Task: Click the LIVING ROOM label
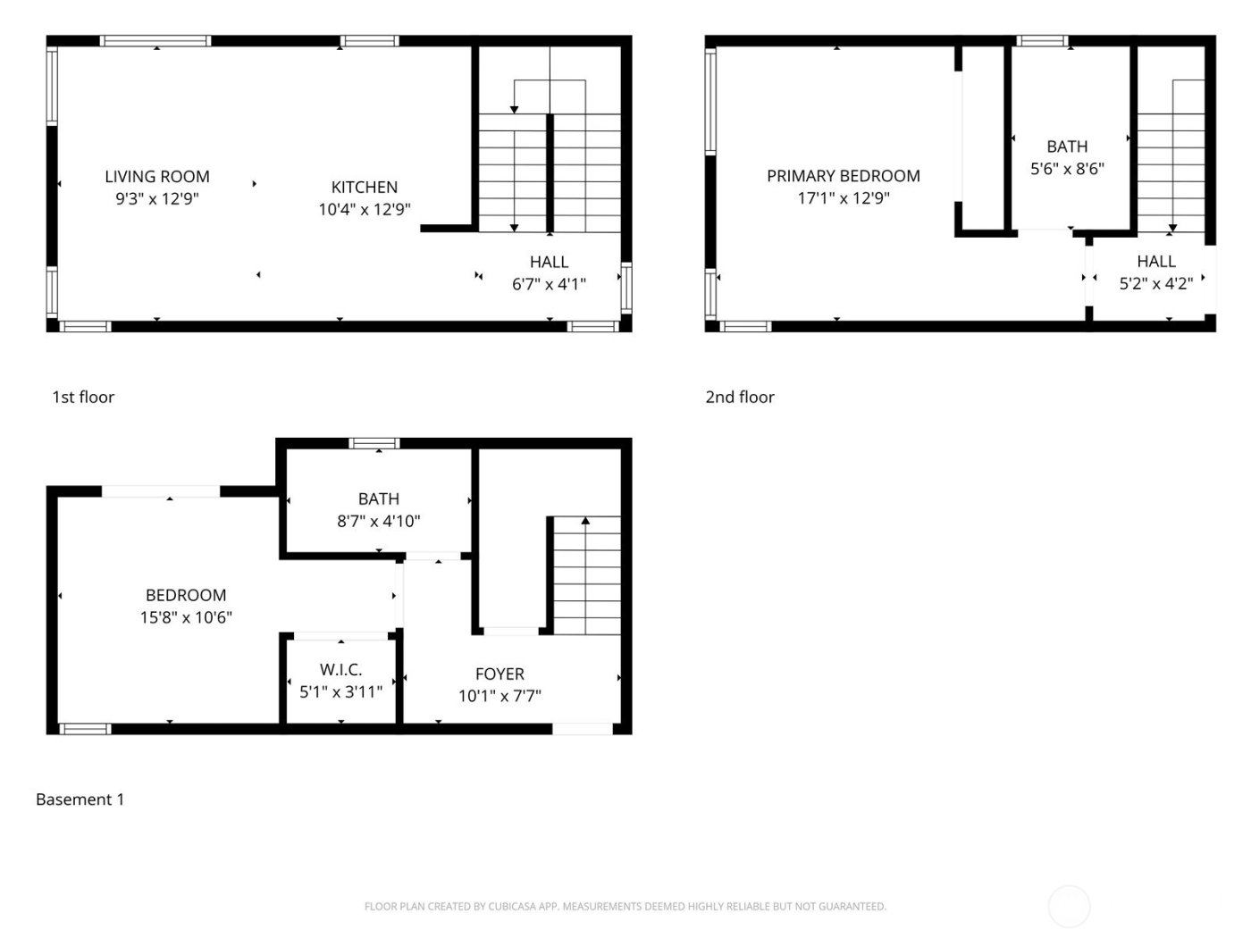click(x=157, y=177)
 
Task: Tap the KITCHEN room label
click(x=364, y=188)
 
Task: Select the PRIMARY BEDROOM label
click(x=843, y=176)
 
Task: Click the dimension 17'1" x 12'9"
click(x=843, y=198)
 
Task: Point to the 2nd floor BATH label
click(x=1067, y=147)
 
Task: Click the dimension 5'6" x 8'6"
click(x=1067, y=169)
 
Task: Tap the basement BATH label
click(x=378, y=499)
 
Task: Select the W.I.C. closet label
click(x=340, y=670)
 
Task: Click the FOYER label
click(x=500, y=674)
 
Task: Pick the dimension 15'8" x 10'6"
click(x=186, y=617)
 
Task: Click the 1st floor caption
click(x=83, y=398)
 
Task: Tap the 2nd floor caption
click(x=740, y=398)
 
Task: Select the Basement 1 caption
click(x=80, y=800)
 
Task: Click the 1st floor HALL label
click(x=549, y=263)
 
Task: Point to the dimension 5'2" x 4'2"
click(x=1155, y=284)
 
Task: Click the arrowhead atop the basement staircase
click(x=585, y=520)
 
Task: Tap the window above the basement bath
click(x=374, y=443)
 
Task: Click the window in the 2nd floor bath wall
click(x=1043, y=41)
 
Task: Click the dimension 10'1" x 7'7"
click(x=500, y=697)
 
